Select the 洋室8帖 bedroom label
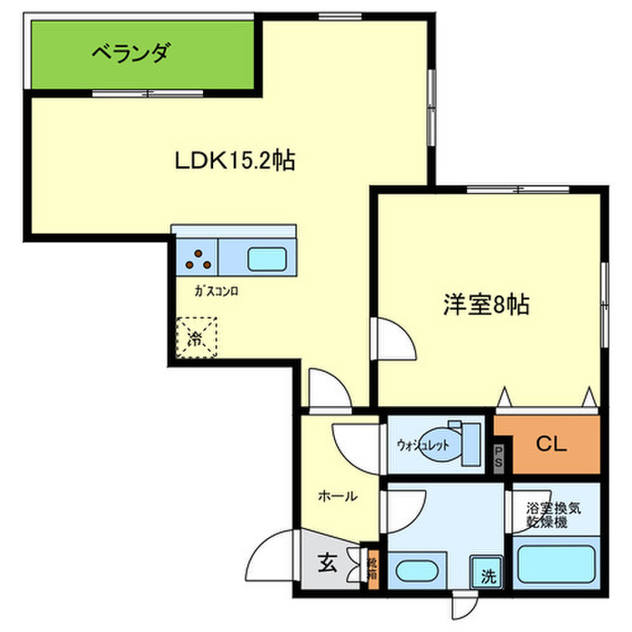pyautogui.click(x=485, y=305)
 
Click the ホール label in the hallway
pyautogui.click(x=337, y=496)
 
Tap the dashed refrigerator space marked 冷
pyautogui.click(x=197, y=338)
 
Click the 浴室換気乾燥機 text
pyautogui.click(x=553, y=515)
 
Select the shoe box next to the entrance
pyautogui.click(x=371, y=568)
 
